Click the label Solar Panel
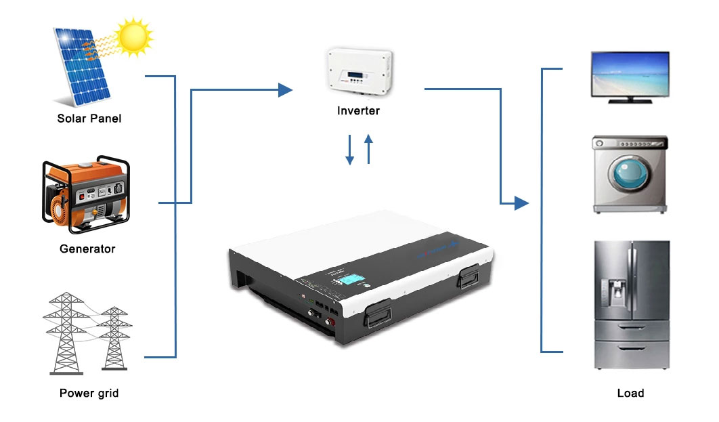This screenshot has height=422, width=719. (89, 119)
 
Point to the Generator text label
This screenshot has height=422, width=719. (87, 249)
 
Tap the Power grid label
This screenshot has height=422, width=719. (89, 393)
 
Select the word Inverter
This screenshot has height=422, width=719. (358, 110)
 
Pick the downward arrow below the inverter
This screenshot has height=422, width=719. (349, 150)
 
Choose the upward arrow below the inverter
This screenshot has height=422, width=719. (368, 149)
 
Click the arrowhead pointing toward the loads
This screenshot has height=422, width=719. (521, 203)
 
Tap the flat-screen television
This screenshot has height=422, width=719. (630, 77)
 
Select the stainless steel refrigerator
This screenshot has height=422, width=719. (631, 305)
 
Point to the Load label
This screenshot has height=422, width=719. (630, 393)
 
